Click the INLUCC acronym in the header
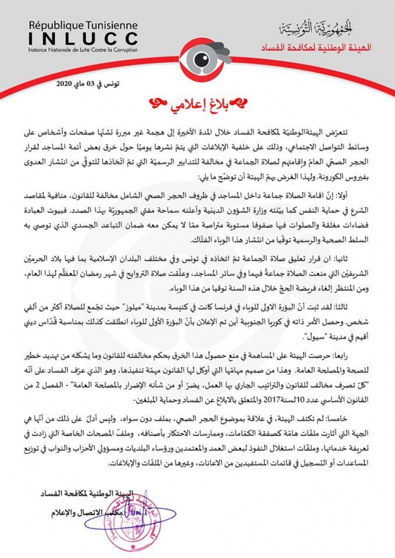pos(83,39)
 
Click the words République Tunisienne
pos(83,25)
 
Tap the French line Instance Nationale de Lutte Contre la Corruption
pos(83,49)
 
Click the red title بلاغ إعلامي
pos(197,103)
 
